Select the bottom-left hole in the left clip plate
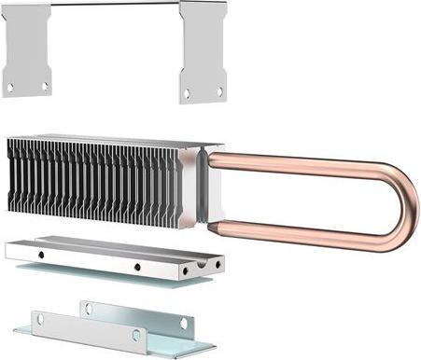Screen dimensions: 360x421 click(x=11, y=87)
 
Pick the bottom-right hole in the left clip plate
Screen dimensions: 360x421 click(x=43, y=86)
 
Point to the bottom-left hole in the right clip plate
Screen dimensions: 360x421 click(x=187, y=92)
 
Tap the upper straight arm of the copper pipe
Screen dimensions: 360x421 click(x=299, y=161)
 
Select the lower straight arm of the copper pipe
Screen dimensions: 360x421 click(x=299, y=229)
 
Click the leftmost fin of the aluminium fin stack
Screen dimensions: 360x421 click(x=12, y=177)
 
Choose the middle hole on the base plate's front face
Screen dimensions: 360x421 click(x=136, y=267)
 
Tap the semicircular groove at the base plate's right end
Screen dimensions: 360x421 click(x=218, y=264)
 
